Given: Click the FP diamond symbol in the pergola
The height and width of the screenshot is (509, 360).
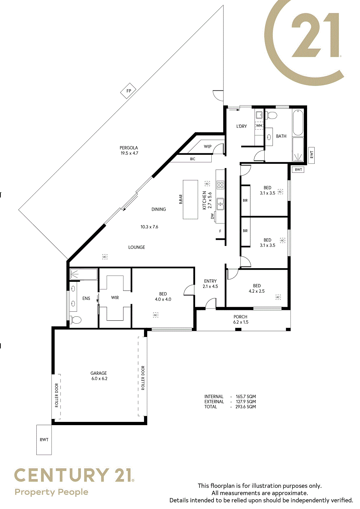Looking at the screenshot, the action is click(x=129, y=91).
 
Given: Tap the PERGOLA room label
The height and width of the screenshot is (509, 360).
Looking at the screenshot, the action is click(x=129, y=148).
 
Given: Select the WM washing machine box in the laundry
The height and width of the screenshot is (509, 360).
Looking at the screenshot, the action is click(x=259, y=125).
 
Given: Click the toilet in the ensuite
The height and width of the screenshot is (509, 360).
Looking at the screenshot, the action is click(x=76, y=320).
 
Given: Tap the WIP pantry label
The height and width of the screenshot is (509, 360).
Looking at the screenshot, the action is click(x=207, y=147).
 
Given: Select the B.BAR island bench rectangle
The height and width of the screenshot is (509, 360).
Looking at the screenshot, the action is click(x=190, y=199).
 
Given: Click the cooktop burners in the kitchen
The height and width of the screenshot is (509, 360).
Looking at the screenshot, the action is click(x=220, y=185).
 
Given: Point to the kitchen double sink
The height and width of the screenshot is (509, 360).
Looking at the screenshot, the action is click(x=220, y=204).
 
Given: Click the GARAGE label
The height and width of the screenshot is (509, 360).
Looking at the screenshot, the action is click(x=99, y=373).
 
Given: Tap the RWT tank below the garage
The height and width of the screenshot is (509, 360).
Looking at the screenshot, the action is click(x=44, y=440).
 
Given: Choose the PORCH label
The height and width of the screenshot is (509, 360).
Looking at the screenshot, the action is click(x=240, y=316).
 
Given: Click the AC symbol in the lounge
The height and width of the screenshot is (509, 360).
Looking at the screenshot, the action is click(x=105, y=257).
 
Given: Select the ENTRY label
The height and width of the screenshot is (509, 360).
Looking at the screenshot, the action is click(x=210, y=281).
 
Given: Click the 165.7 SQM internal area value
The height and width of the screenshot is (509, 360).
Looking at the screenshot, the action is click(x=246, y=397).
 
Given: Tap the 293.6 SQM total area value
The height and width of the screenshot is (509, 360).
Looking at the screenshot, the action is click(x=246, y=406).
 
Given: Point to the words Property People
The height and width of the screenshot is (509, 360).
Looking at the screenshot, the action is click(x=51, y=492).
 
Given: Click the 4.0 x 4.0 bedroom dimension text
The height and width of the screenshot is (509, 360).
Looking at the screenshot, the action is click(x=163, y=299).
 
